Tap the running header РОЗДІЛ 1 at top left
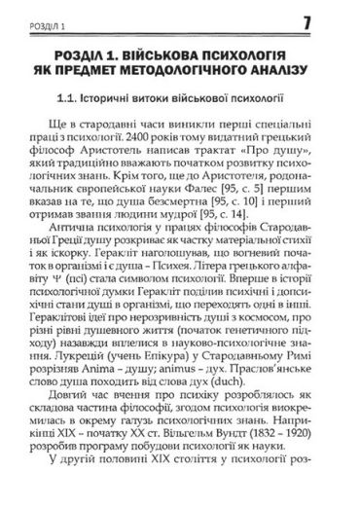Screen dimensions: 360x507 point(38,21)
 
